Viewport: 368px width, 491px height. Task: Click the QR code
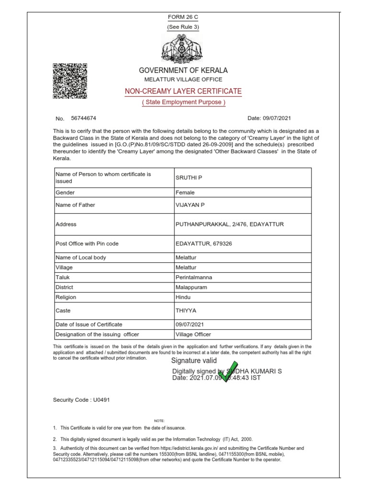tap(70, 81)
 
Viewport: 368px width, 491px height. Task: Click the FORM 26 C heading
tap(183, 17)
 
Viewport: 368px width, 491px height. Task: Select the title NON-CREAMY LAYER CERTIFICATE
tap(183, 91)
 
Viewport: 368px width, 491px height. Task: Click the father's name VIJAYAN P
tap(190, 205)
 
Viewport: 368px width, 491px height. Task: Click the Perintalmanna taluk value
tap(194, 277)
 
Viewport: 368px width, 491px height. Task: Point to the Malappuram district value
tap(192, 287)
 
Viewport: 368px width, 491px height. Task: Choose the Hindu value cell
tap(184, 297)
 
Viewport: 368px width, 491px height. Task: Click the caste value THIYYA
tap(186, 311)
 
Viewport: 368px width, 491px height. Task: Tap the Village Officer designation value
tap(193, 334)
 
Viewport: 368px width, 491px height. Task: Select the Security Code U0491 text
tap(82, 399)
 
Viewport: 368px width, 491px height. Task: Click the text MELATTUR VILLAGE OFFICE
tap(183, 79)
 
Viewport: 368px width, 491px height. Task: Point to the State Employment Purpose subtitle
tap(183, 102)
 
